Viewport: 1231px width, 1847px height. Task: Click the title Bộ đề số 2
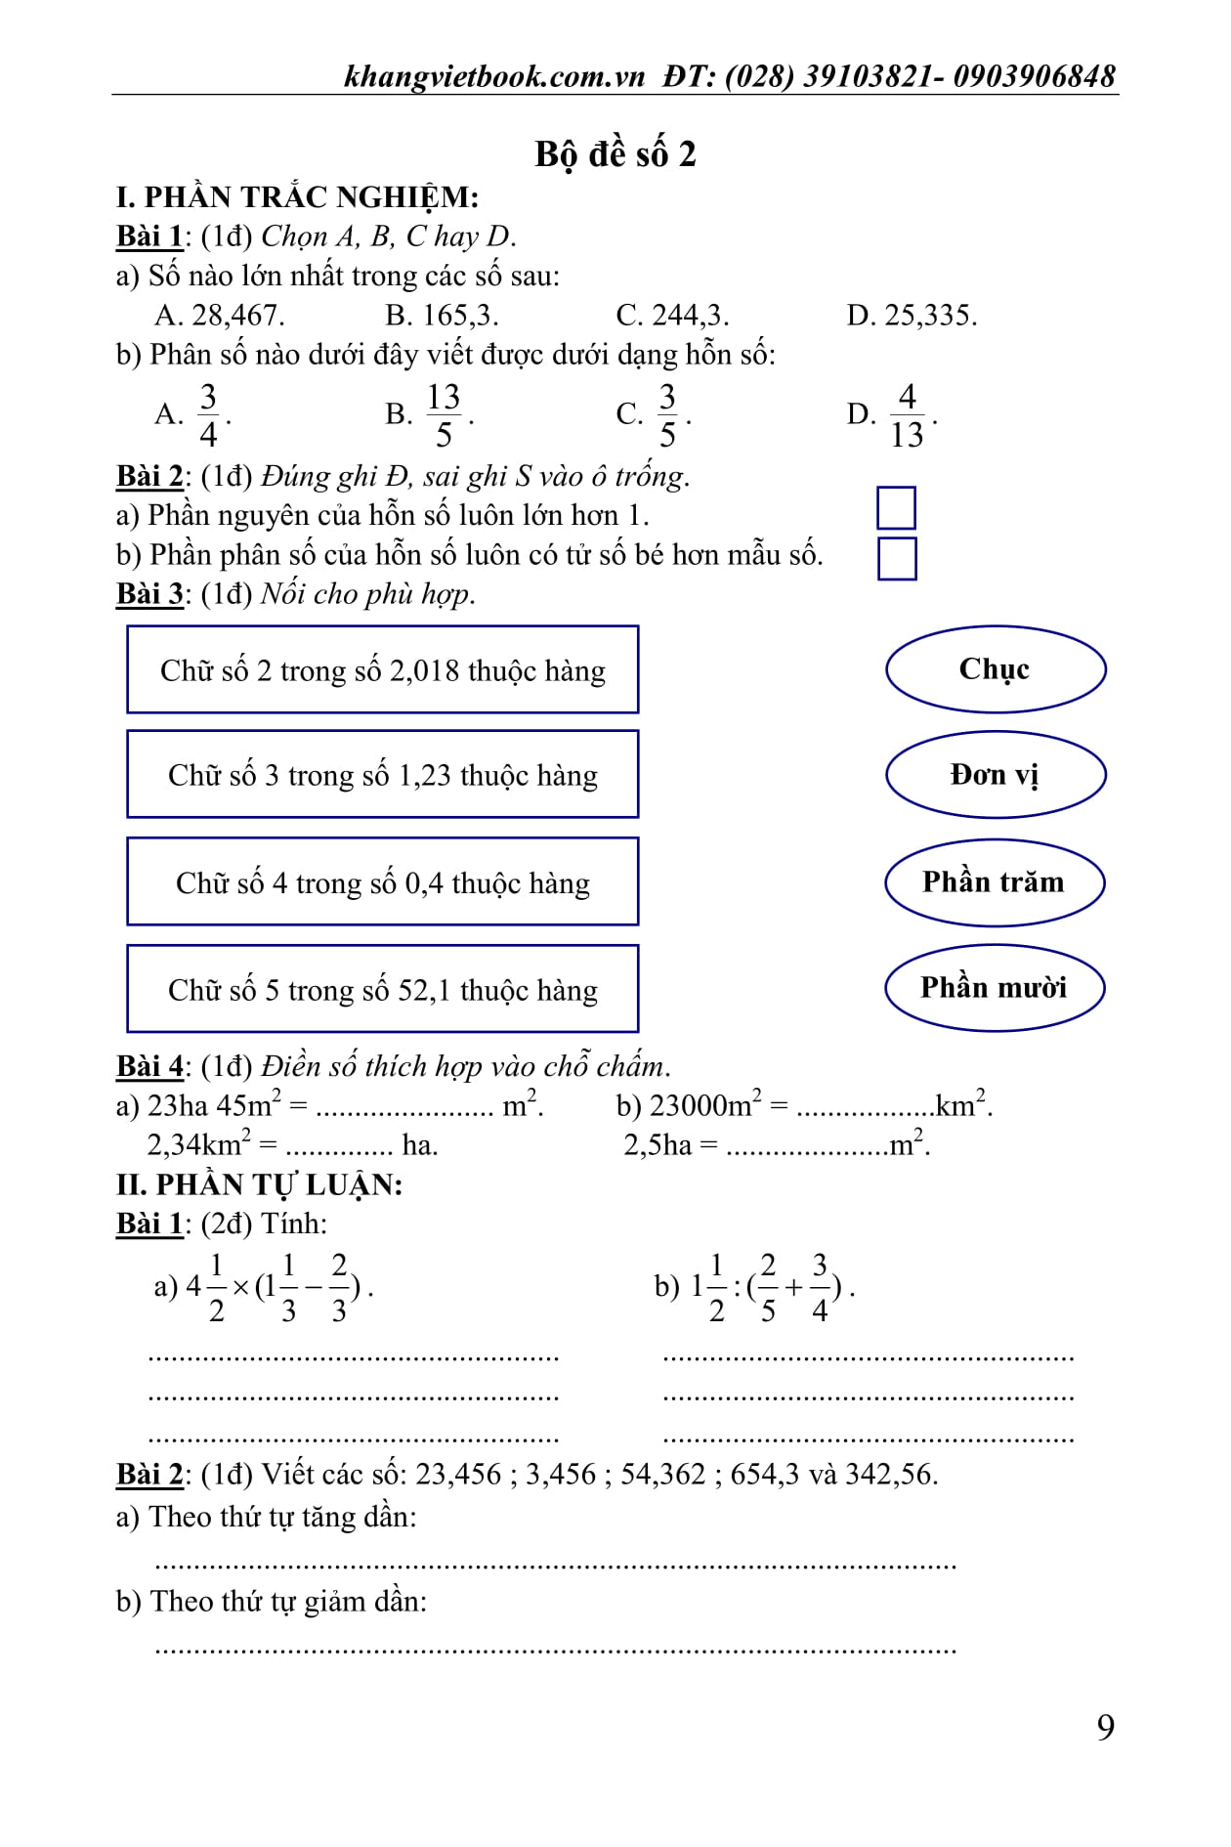point(615,154)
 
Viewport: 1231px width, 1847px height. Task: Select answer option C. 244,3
point(672,315)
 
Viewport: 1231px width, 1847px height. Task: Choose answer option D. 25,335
point(912,315)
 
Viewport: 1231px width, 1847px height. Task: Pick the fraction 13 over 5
point(443,414)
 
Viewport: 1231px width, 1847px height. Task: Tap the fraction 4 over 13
point(907,414)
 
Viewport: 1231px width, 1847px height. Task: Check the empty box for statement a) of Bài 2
point(896,508)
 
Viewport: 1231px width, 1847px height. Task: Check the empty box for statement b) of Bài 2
point(897,558)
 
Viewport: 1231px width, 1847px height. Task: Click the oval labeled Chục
point(995,669)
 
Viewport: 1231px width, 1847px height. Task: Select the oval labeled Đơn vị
point(995,775)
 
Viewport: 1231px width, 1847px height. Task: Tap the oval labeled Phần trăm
point(995,882)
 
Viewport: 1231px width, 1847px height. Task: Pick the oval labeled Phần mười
point(995,988)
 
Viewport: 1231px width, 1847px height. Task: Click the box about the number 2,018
point(382,670)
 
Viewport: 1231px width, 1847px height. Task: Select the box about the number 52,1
point(382,989)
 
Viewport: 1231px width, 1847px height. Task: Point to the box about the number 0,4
point(382,882)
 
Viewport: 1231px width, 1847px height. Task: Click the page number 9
point(1105,1727)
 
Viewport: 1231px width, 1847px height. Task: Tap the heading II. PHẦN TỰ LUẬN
point(259,1184)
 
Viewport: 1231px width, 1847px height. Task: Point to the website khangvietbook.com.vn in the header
point(494,76)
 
